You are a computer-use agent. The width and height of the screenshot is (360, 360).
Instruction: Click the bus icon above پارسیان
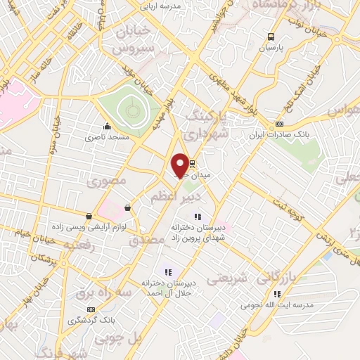(271, 38)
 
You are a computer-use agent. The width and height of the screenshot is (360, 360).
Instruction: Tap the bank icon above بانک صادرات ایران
(279, 124)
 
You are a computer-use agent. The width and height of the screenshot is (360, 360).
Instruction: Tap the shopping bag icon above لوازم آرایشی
(89, 216)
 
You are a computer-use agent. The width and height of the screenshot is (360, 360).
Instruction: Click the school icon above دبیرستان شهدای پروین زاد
(198, 216)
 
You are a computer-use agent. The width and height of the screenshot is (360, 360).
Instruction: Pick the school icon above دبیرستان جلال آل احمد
(167, 271)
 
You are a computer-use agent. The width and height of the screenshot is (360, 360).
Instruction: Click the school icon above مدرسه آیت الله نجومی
(277, 294)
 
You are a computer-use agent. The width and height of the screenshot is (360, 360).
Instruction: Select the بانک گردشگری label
(91, 321)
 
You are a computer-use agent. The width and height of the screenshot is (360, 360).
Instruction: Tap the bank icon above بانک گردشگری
(91, 309)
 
